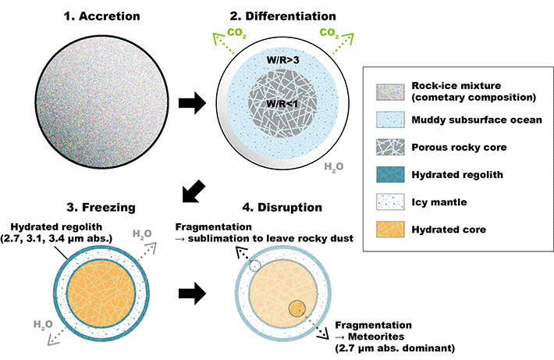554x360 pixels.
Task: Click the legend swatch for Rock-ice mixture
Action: pos(389,91)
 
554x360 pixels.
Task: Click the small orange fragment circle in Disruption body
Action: pos(297,308)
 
